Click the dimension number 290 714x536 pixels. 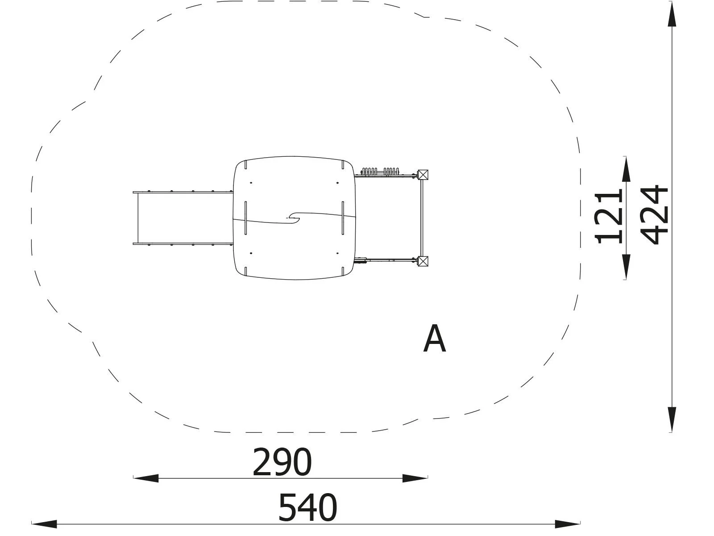(x=282, y=462)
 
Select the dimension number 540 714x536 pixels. (x=308, y=507)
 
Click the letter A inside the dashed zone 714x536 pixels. (x=435, y=338)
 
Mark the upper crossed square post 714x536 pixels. (x=423, y=175)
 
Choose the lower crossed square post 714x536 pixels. (x=423, y=261)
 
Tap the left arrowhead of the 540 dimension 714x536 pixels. (x=44, y=524)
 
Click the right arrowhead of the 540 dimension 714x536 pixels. (x=568, y=524)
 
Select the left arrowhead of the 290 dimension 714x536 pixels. (x=146, y=478)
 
